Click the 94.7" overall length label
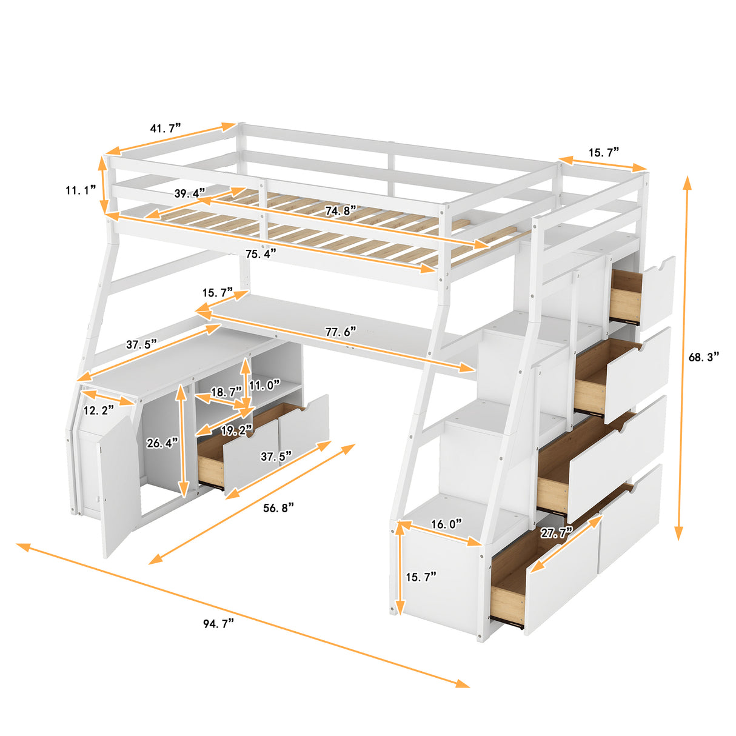(218, 624)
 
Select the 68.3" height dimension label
(704, 357)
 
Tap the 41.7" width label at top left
(166, 129)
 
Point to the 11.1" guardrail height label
(81, 190)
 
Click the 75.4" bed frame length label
(261, 253)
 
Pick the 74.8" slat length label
(340, 210)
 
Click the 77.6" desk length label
(340, 332)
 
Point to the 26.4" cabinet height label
(162, 443)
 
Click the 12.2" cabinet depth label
(99, 410)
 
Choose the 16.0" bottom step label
(446, 524)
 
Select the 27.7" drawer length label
(557, 534)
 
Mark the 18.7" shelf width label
(226, 392)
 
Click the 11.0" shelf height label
(265, 385)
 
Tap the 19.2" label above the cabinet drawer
(236, 430)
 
